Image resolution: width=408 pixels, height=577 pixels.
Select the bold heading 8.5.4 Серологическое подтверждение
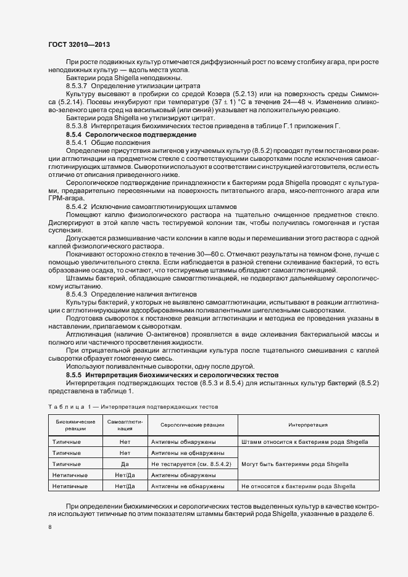114,134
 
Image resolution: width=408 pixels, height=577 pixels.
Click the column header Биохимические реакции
75,425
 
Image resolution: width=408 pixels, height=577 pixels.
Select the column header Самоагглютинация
125,425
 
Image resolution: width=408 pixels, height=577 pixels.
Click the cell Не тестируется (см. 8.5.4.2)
191,464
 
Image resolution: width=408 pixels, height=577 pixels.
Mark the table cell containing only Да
125,464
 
